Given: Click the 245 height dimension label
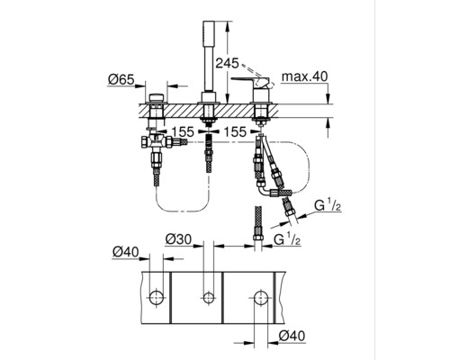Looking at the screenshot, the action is [228, 63].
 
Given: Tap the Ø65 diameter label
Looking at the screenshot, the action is [121, 79].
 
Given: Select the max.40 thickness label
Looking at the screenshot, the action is [305, 76].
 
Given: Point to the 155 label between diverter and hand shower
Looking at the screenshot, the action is [183, 131].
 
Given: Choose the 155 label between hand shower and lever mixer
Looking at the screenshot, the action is [235, 131].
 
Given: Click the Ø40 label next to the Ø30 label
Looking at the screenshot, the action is [126, 252].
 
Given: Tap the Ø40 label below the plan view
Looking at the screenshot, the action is [292, 336].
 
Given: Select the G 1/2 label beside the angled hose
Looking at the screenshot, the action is [328, 206].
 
